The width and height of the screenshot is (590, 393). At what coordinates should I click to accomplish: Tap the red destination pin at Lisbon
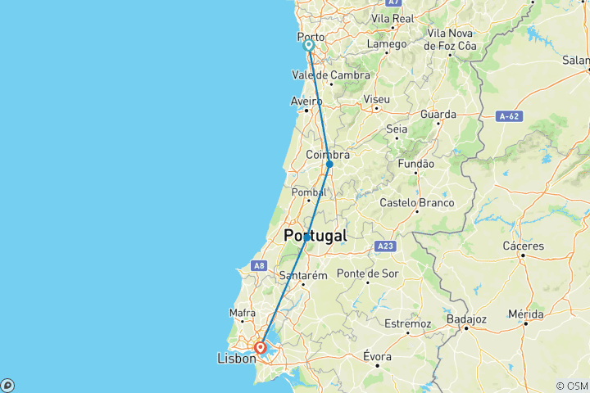coord(260,348)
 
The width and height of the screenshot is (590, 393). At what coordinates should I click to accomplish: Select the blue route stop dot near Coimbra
coord(329,164)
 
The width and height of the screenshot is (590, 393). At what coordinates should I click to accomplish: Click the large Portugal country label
coord(315,236)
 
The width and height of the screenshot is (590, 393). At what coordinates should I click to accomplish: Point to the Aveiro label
coord(306,102)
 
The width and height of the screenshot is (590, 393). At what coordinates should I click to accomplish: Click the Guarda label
coord(438,115)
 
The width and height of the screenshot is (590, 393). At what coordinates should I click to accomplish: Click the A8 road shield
coord(259,265)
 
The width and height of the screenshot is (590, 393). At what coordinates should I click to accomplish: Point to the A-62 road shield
coord(511,117)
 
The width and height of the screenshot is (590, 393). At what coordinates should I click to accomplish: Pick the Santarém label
coord(303,275)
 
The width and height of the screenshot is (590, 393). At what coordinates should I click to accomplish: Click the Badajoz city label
coord(468,318)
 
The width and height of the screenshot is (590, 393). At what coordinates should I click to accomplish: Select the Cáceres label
coord(524,246)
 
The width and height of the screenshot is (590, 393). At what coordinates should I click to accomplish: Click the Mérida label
coord(525,314)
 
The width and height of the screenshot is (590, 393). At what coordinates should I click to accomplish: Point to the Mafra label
coord(243,313)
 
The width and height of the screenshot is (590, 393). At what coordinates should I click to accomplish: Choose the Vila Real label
coord(392,17)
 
